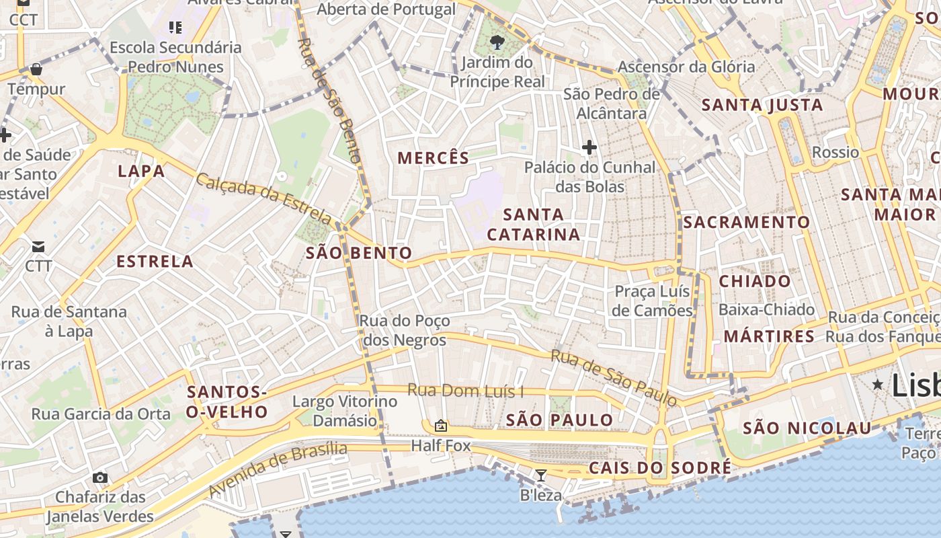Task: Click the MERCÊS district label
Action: click(434, 159)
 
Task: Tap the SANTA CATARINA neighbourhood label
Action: click(534, 225)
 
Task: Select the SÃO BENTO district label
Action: click(359, 254)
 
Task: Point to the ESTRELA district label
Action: click(155, 262)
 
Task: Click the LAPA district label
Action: click(141, 171)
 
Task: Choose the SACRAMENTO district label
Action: click(747, 222)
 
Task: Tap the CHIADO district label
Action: click(755, 281)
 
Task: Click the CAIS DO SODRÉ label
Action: click(659, 468)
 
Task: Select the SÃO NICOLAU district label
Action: click(807, 428)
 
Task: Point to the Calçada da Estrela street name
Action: click(264, 198)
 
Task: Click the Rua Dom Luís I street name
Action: click(466, 390)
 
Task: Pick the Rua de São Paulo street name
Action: click(614, 377)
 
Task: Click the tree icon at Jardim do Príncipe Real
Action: click(497, 43)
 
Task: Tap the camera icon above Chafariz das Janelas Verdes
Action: click(100, 477)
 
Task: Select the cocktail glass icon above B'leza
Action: click(540, 475)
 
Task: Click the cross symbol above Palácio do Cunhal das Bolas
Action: click(589, 147)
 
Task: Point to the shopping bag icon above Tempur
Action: click(36, 69)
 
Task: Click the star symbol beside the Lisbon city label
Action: click(877, 385)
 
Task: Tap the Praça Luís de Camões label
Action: click(653, 301)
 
